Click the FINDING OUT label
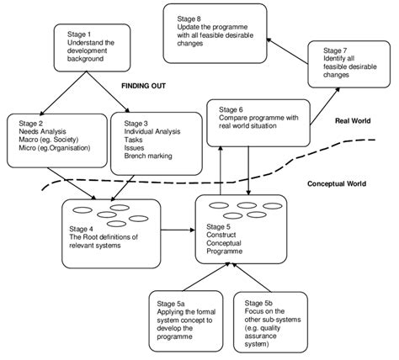pyautogui.click(x=145, y=86)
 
